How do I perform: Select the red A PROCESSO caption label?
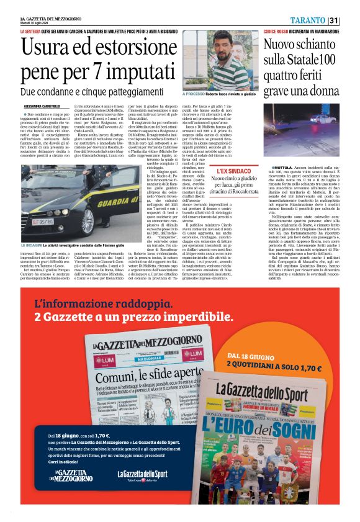tap(195, 94)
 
